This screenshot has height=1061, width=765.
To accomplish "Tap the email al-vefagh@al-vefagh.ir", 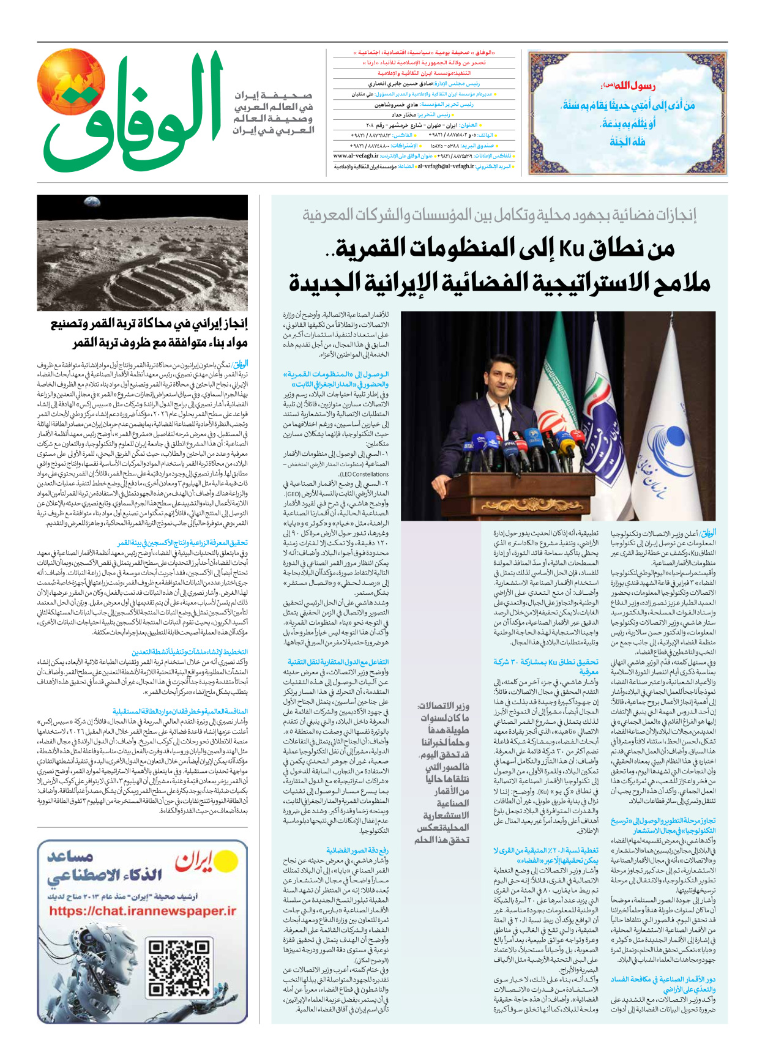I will click(446, 166).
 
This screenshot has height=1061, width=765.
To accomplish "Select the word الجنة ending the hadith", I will click(627, 142).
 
